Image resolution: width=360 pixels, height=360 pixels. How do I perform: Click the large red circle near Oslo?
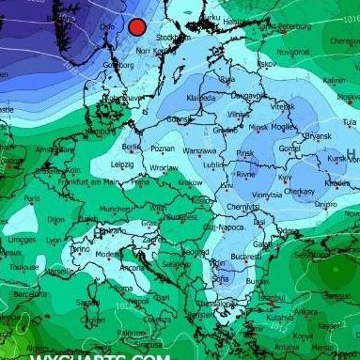(137, 27)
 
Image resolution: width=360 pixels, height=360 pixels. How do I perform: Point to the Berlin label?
(131, 147)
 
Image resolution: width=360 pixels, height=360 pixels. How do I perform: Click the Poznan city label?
(163, 148)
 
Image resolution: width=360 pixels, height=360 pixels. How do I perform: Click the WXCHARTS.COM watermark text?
(100, 355)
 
